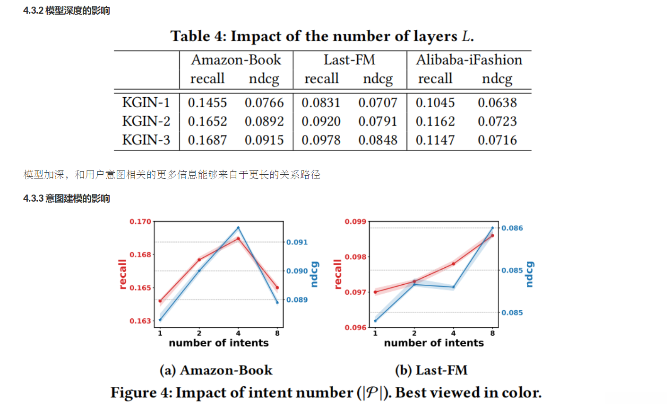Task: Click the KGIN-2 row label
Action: pyautogui.click(x=146, y=121)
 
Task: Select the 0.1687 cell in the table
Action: pyautogui.click(x=207, y=140)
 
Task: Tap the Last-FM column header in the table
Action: pyautogui.click(x=349, y=60)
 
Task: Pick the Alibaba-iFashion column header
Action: pyautogui.click(x=469, y=60)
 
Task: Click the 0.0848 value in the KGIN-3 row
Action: pyautogui.click(x=378, y=140)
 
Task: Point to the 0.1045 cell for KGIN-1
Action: pyautogui.click(x=435, y=102)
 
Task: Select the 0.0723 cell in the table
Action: pyautogui.click(x=497, y=121)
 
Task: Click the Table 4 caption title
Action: pyautogui.click(x=322, y=36)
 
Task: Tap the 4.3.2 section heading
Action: pyautogui.click(x=67, y=10)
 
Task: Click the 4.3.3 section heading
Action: pyautogui.click(x=67, y=198)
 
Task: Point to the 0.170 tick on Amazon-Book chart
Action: pyautogui.click(x=140, y=221)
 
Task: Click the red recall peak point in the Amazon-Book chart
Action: pyautogui.click(x=238, y=238)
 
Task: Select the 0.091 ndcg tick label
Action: pyautogui.click(x=297, y=242)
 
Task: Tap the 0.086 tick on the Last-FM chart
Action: pyautogui.click(x=512, y=228)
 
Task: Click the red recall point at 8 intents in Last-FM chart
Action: pyautogui.click(x=492, y=235)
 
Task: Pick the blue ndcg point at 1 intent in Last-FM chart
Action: pyautogui.click(x=376, y=321)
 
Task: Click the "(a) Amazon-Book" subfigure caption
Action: pyautogui.click(x=216, y=370)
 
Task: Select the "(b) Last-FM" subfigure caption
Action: pyautogui.click(x=431, y=370)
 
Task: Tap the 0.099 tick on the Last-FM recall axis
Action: pyautogui.click(x=355, y=221)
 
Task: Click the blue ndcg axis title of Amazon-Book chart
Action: pyautogui.click(x=314, y=274)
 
